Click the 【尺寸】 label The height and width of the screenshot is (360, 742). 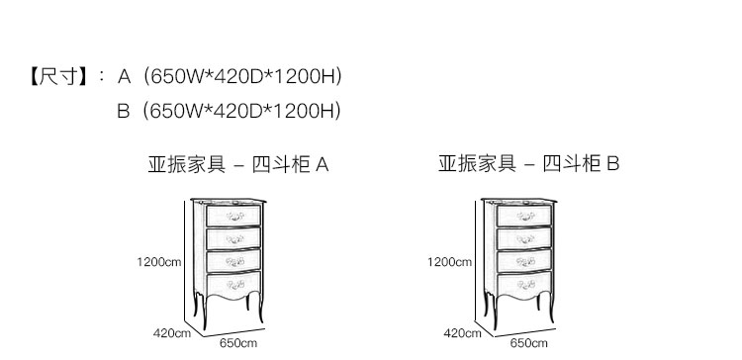pos(58,76)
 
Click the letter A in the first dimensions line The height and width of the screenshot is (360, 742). pos(124,76)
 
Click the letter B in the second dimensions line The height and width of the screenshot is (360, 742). pos(123,111)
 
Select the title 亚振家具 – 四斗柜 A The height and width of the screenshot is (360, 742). pos(238,164)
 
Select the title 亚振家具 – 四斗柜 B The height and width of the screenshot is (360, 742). pos(528,163)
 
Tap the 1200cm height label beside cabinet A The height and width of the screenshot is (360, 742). pos(159,262)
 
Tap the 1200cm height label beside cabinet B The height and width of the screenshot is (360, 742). pos(449,262)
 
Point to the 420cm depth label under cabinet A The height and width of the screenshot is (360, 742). pos(172,333)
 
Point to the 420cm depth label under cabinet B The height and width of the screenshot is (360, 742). pos(462,333)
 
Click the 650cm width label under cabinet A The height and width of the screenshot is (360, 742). pos(238,343)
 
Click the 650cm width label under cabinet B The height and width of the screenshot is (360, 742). pos(528,343)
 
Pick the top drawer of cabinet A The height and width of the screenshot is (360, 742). pos(233,217)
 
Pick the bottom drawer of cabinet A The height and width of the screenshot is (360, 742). pos(233,285)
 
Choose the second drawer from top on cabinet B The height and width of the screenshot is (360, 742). pos(524,238)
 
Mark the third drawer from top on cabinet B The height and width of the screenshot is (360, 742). pos(524,261)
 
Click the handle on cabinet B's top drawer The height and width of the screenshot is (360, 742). pos(525,217)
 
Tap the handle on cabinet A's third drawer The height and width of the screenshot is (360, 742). pos(234,261)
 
